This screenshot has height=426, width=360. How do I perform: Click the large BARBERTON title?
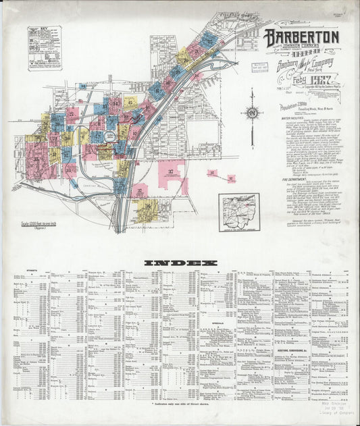pyautogui.click(x=301, y=36)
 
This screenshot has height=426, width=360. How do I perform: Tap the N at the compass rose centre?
pyautogui.click(x=251, y=113)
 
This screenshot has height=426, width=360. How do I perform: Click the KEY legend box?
pyautogui.click(x=45, y=48)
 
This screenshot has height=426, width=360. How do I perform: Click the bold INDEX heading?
pyautogui.click(x=180, y=262)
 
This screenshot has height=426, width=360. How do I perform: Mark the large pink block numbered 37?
pyautogui.click(x=172, y=173)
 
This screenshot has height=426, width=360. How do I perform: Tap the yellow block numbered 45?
pyautogui.click(x=130, y=103)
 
